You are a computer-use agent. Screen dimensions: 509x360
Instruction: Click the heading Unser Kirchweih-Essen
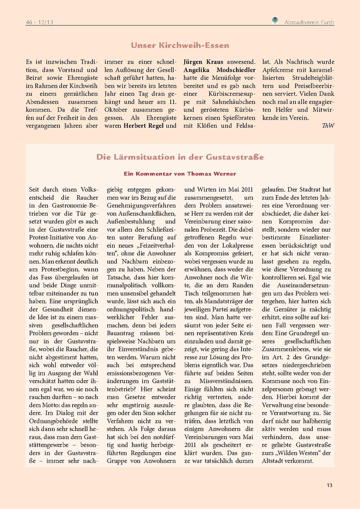(x=180, y=45)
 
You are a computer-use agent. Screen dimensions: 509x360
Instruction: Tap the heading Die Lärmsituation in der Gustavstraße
(x=180, y=157)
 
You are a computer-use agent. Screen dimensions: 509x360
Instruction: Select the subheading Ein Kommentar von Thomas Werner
(x=180, y=173)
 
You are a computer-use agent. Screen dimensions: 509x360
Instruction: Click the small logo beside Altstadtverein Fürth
(x=275, y=20)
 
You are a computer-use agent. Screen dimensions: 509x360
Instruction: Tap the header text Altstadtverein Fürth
(x=309, y=21)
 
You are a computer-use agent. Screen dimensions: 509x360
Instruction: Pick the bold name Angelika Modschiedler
(x=219, y=70)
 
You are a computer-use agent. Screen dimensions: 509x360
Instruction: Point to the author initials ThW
(x=328, y=126)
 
